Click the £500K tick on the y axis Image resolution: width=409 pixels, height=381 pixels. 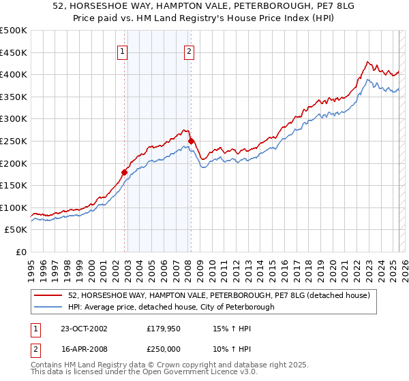tap(14, 31)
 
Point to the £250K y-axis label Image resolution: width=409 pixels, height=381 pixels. tap(14, 141)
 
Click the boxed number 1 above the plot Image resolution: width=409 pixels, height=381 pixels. tap(122, 50)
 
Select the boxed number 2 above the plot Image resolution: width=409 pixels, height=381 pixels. tap(188, 50)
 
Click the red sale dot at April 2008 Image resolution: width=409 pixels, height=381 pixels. tap(191, 141)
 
